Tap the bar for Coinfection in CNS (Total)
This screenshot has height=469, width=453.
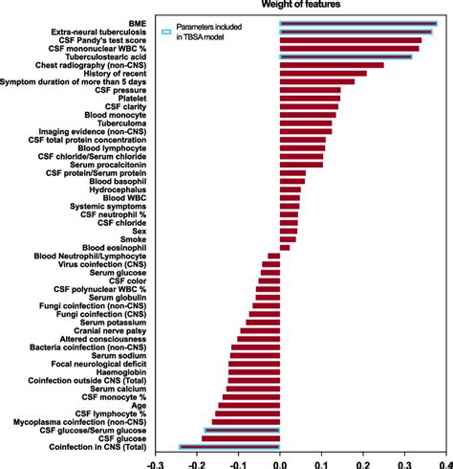229,446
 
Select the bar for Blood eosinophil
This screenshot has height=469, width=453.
285,247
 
